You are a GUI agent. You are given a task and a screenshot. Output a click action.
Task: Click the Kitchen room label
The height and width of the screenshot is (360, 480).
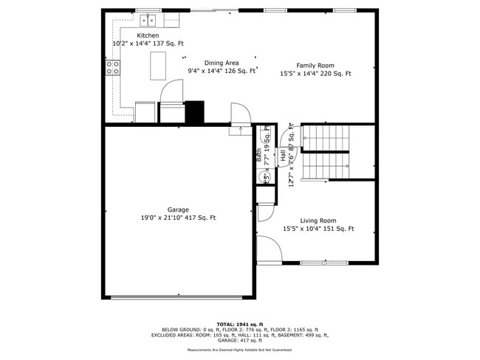pos(148,35)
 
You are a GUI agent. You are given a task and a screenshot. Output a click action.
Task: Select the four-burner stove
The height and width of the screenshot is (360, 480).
pos(113,68)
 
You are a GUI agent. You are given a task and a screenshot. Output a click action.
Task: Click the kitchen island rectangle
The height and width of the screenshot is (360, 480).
pos(158,66)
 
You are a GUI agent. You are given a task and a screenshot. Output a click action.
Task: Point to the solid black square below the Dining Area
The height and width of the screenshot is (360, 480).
pos(194,112)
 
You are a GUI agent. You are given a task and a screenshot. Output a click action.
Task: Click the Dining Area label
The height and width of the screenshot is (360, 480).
pos(222,63)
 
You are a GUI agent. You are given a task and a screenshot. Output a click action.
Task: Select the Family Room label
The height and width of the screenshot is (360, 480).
pos(315,65)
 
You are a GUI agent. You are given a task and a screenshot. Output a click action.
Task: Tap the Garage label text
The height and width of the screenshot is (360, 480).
pos(178,210)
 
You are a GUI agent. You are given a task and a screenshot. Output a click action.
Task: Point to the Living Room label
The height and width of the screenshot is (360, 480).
pos(318,221)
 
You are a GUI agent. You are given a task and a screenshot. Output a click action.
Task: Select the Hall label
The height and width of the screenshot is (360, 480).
pos(283,156)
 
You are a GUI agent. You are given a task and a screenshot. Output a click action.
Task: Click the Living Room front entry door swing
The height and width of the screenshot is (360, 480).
pos(270,251)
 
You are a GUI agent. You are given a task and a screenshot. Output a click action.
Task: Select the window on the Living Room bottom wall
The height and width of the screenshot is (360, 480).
pos(323,263)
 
